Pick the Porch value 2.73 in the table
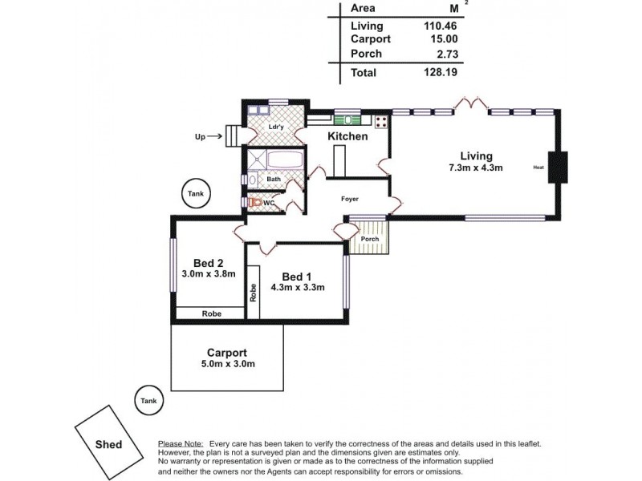444,54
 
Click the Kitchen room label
347,136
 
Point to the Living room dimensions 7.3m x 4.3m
476,168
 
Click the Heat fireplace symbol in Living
558,168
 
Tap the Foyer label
349,199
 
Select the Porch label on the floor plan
369,239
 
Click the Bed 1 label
297,277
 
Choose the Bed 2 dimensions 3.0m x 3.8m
208,273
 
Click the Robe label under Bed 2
211,313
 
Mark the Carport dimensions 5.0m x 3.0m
227,364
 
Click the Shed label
109,443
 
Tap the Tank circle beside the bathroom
196,193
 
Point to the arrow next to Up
215,137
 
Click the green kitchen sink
349,120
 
